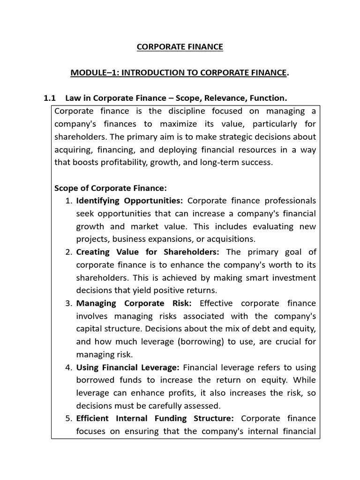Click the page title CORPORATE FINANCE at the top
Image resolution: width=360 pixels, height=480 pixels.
click(180, 47)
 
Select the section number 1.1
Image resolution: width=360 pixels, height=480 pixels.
click(50, 98)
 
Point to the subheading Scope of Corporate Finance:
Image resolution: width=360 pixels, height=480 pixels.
click(111, 188)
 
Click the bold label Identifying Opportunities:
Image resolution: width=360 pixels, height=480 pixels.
click(130, 201)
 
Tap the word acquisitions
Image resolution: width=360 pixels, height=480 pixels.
click(230, 239)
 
